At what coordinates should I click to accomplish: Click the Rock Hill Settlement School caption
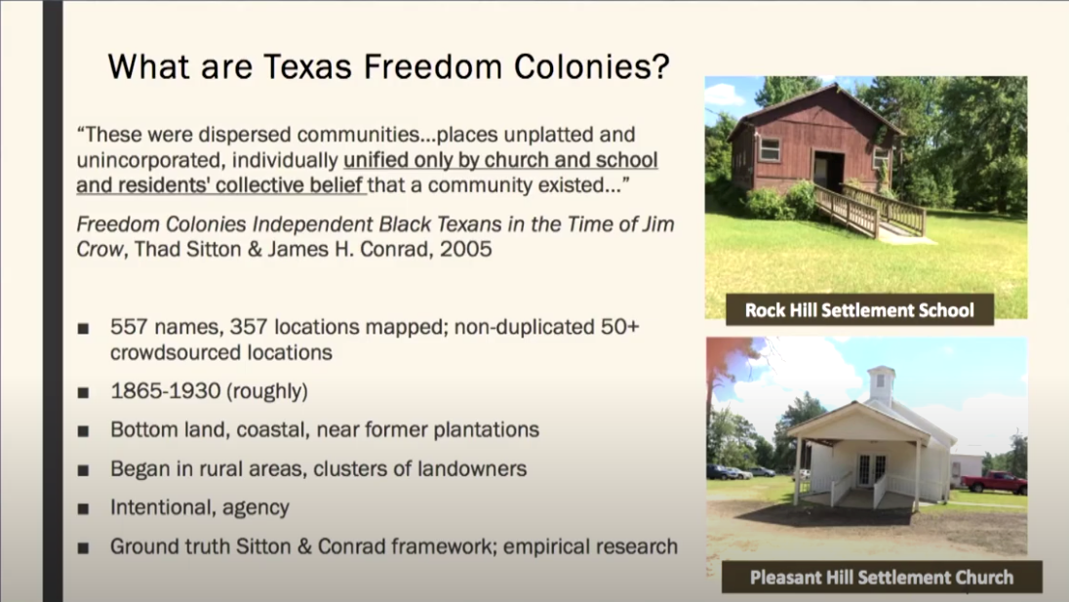coord(859,310)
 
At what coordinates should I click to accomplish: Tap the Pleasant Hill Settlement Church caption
coord(882,578)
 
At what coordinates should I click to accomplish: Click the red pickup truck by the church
coord(995,482)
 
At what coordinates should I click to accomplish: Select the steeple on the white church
coord(880,385)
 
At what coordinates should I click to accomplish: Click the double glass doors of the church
coord(871,469)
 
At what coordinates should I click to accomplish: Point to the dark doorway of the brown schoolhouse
coord(829,171)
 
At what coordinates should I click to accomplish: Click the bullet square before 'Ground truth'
coord(83,547)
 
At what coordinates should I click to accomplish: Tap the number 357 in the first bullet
coord(249,327)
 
